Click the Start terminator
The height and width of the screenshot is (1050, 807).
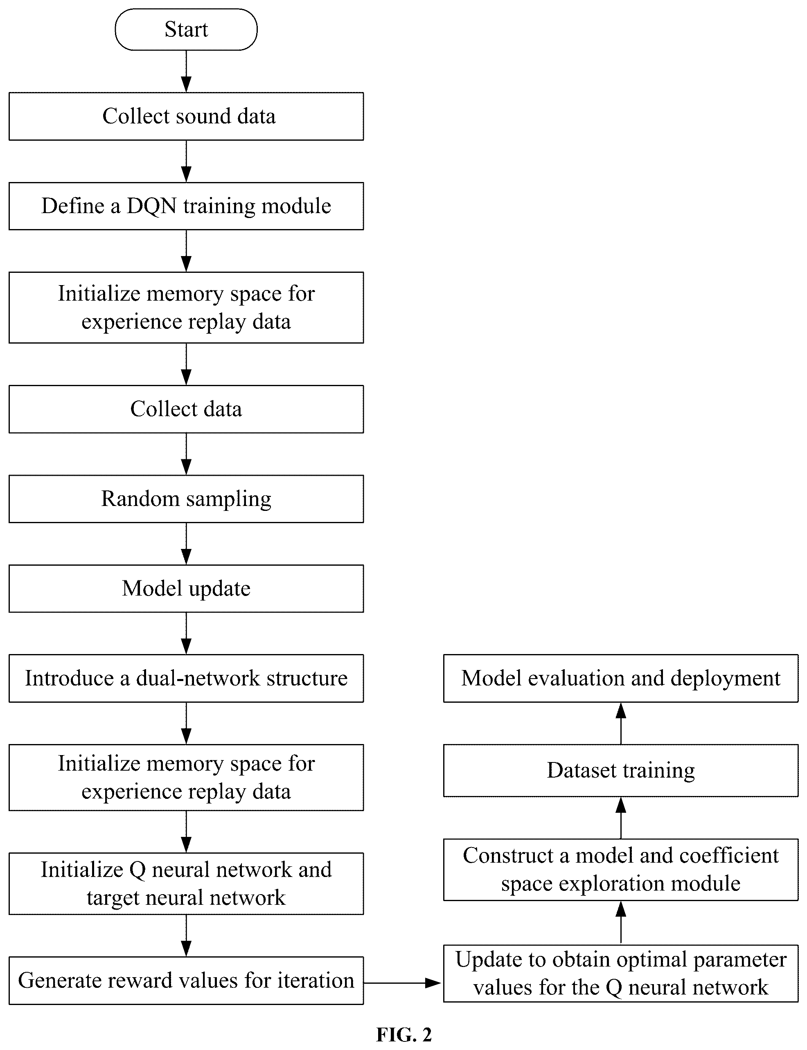pos(186,29)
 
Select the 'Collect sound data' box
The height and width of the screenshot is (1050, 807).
pos(186,116)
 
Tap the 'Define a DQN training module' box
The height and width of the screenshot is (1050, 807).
pos(186,206)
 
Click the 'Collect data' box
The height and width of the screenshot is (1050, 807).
pos(186,409)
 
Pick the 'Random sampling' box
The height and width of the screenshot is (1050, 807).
pos(186,499)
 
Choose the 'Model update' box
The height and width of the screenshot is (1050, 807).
pos(186,589)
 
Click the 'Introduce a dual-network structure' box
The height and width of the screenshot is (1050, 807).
pos(186,679)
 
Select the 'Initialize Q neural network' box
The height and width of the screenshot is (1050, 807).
pos(186,884)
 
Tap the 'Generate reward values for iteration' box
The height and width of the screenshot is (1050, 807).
pos(186,980)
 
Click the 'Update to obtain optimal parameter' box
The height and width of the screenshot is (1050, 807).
pos(621,974)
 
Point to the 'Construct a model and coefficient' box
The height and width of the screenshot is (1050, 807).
pos(621,870)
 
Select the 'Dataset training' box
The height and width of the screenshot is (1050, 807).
pos(621,771)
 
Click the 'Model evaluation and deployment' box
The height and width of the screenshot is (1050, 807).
pos(621,679)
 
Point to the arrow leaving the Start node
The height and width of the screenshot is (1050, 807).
pos(186,71)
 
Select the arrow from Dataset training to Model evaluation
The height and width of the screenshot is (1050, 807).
pos(621,724)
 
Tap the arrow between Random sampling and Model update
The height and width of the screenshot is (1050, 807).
pos(186,544)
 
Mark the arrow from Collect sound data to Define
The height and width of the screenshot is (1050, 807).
pos(186,161)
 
